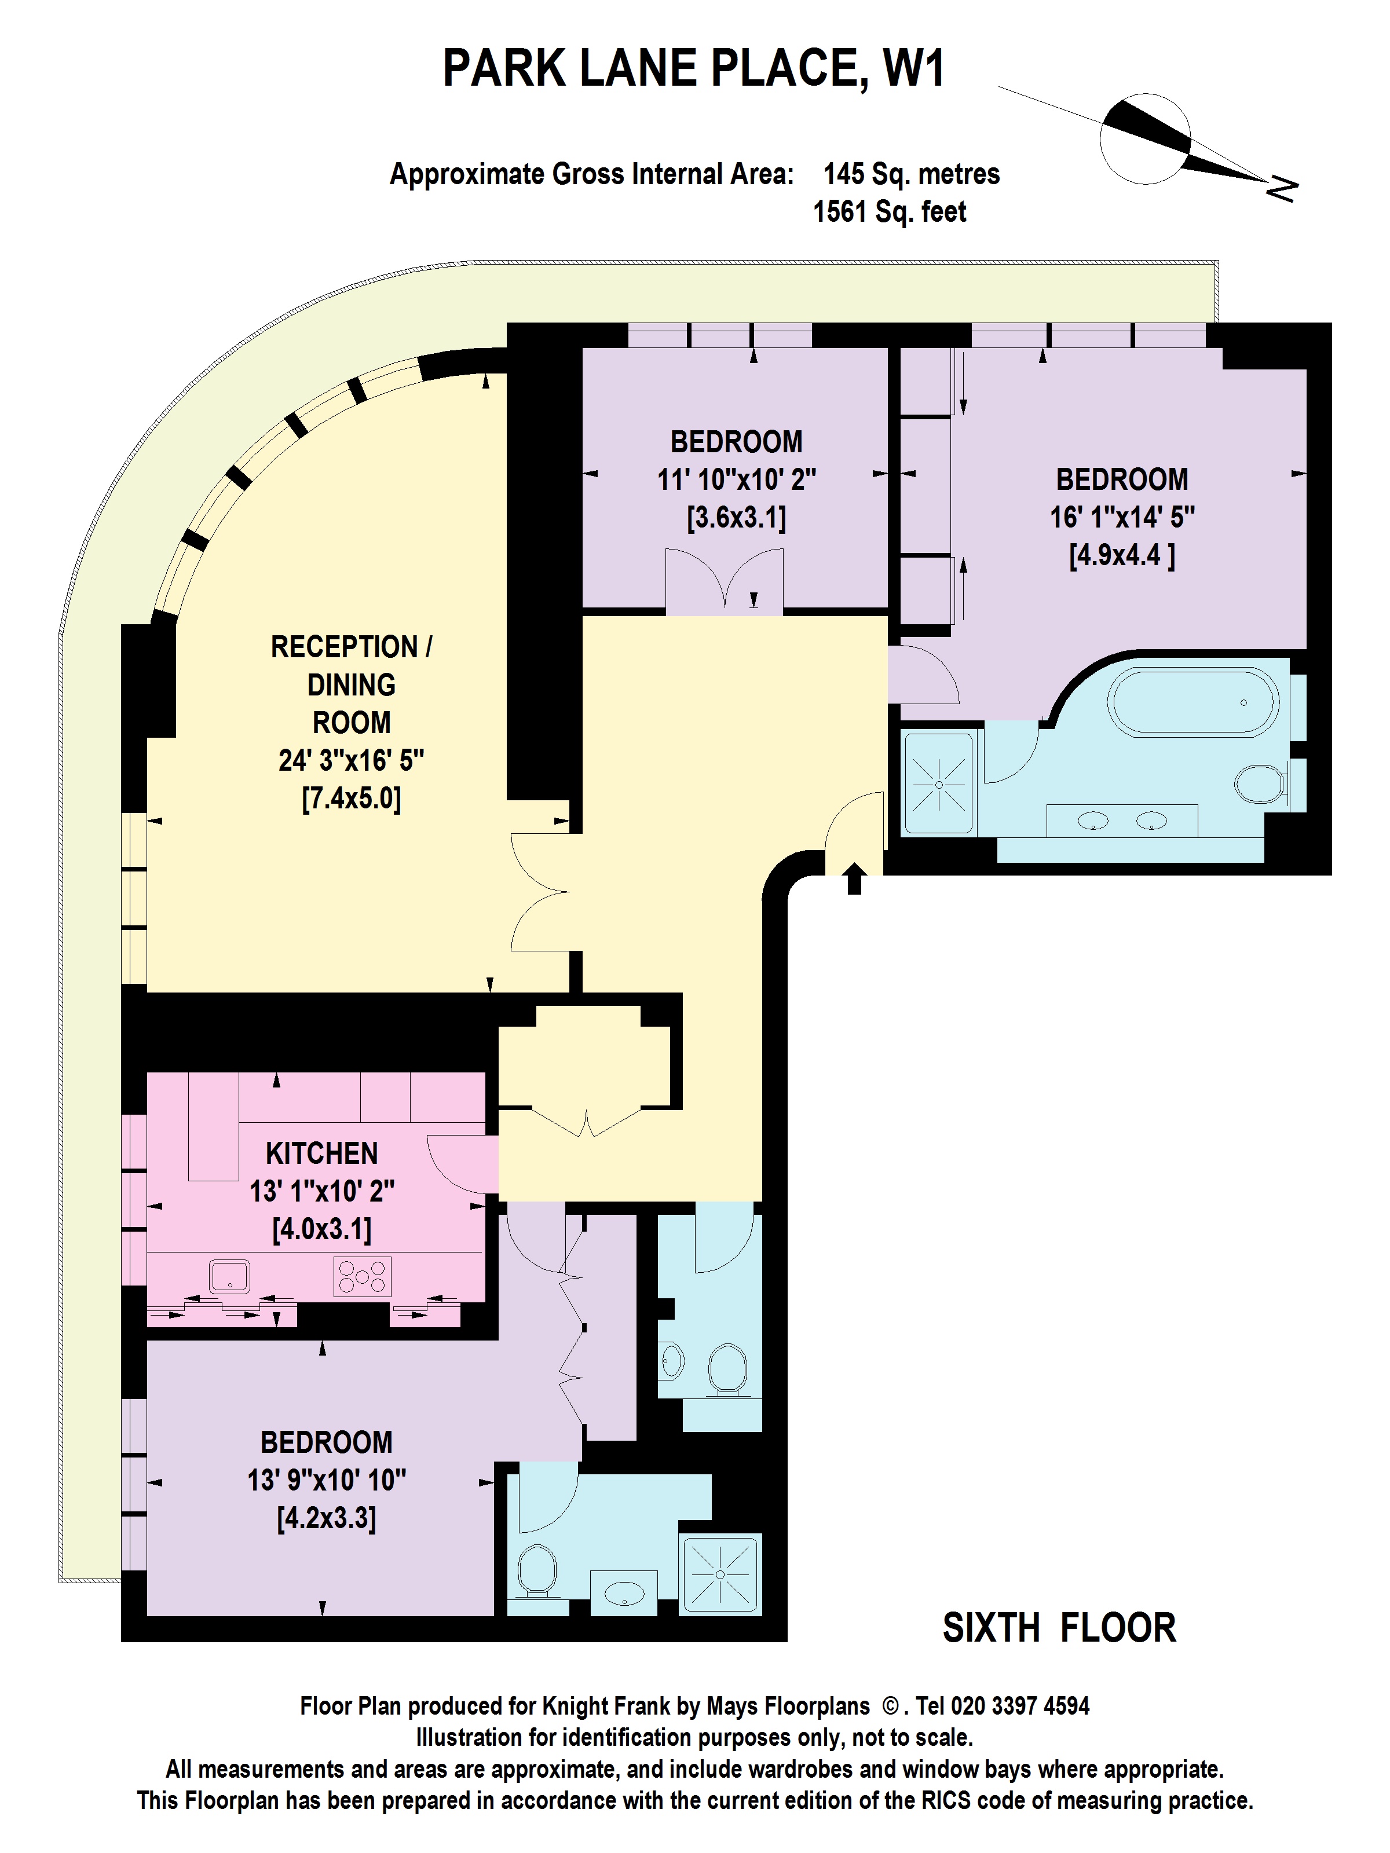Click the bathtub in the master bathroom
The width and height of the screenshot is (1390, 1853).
click(x=1193, y=702)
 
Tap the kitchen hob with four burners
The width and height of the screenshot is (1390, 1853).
click(x=362, y=1277)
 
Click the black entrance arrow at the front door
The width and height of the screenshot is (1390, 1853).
click(x=854, y=879)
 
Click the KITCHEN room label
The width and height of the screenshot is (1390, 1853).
click(x=322, y=1153)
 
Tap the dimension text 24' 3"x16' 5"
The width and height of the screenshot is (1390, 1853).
click(x=351, y=761)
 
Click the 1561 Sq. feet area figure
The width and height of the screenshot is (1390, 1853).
click(x=889, y=212)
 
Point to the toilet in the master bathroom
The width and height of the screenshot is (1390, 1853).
click(x=1261, y=783)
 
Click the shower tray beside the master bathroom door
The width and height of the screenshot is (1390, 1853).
click(x=938, y=784)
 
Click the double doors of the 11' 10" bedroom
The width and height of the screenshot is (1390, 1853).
click(x=725, y=581)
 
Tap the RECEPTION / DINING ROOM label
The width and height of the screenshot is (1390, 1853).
click(x=351, y=684)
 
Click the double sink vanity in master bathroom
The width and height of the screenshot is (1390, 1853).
click(x=1122, y=821)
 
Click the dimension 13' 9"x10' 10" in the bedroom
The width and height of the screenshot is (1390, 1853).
click(x=326, y=1480)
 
